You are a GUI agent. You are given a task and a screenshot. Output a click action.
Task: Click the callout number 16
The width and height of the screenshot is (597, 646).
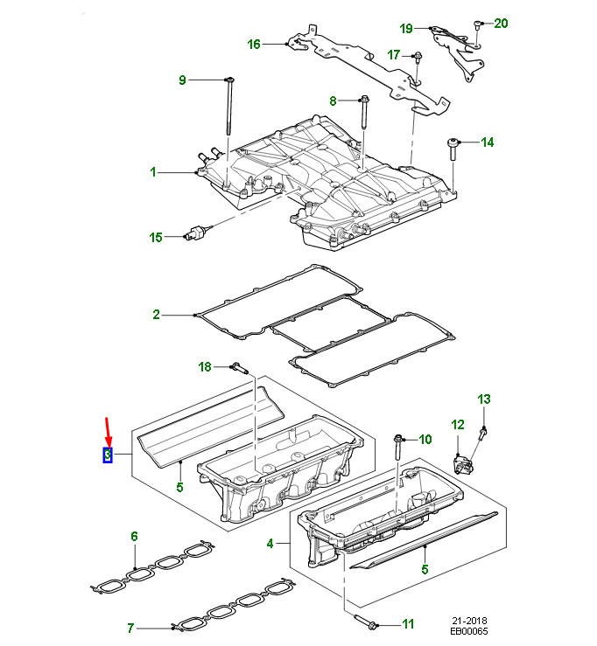click(254, 44)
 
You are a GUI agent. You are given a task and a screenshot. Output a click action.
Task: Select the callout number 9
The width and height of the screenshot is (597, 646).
click(183, 80)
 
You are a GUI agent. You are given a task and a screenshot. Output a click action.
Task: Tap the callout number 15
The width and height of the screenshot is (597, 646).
click(156, 237)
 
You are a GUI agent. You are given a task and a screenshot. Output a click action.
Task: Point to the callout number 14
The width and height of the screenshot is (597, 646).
click(488, 142)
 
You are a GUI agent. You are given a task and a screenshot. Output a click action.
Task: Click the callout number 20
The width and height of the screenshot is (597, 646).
click(501, 23)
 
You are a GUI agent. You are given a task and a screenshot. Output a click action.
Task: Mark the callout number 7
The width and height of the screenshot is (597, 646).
click(130, 627)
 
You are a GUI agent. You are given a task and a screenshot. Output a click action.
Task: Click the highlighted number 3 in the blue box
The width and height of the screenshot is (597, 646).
click(107, 455)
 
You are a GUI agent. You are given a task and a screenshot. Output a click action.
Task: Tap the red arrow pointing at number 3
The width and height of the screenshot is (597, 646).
click(107, 430)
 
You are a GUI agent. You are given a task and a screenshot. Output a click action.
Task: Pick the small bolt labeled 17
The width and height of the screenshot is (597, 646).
click(418, 59)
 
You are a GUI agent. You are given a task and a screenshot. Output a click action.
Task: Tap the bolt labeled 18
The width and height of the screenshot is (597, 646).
click(238, 368)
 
